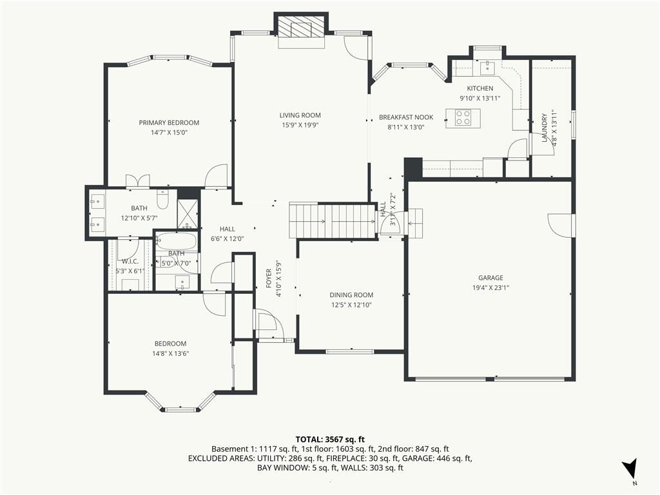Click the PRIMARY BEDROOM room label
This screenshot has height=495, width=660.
pos(169,122)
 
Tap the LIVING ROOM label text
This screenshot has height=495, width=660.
pos(300,115)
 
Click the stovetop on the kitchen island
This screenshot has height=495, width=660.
pos(463,117)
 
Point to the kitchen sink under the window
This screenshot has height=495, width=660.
pos(488,66)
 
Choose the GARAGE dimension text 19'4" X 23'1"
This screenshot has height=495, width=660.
pos(490,288)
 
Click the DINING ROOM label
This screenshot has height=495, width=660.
pos(351,295)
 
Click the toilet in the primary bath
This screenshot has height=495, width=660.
pos(162,200)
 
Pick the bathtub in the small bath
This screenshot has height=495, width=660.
pos(176,241)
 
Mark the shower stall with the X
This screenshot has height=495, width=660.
pos(187,215)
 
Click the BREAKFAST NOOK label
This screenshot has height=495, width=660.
pos(406,117)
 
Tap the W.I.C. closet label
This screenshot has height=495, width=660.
pos(130,262)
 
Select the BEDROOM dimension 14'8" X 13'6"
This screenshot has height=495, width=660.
pos(170,354)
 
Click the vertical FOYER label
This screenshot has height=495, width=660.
pos(269,278)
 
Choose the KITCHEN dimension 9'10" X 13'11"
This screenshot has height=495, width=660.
pos(480,99)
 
